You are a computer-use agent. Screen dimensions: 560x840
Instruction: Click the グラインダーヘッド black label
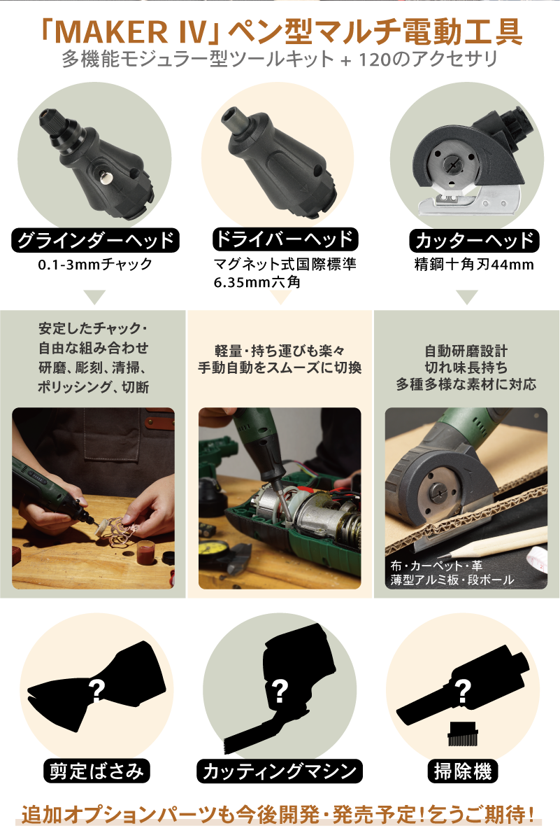[95, 240]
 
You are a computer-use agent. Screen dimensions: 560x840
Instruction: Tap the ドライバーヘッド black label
[285, 239]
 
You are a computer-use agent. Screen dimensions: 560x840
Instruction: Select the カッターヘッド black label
[474, 240]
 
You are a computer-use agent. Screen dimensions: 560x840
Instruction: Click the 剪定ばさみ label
[96, 771]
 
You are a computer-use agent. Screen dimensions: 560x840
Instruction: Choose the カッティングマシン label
[280, 771]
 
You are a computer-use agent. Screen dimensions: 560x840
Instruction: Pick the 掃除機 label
[463, 771]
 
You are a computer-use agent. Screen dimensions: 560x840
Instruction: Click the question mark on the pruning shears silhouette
[96, 691]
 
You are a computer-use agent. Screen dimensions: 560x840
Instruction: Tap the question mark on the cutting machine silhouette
[280, 691]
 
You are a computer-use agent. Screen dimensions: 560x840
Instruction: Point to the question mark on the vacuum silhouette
[463, 691]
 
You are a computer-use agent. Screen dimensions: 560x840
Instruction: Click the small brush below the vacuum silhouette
[463, 733]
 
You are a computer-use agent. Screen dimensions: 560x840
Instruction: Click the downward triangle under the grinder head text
[95, 297]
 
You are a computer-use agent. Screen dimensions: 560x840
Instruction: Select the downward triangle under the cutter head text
[467, 297]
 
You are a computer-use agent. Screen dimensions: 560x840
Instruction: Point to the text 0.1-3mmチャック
[95, 265]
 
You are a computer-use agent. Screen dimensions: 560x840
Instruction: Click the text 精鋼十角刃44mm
[474, 265]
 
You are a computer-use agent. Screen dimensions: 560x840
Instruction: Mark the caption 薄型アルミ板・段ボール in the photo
[452, 580]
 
